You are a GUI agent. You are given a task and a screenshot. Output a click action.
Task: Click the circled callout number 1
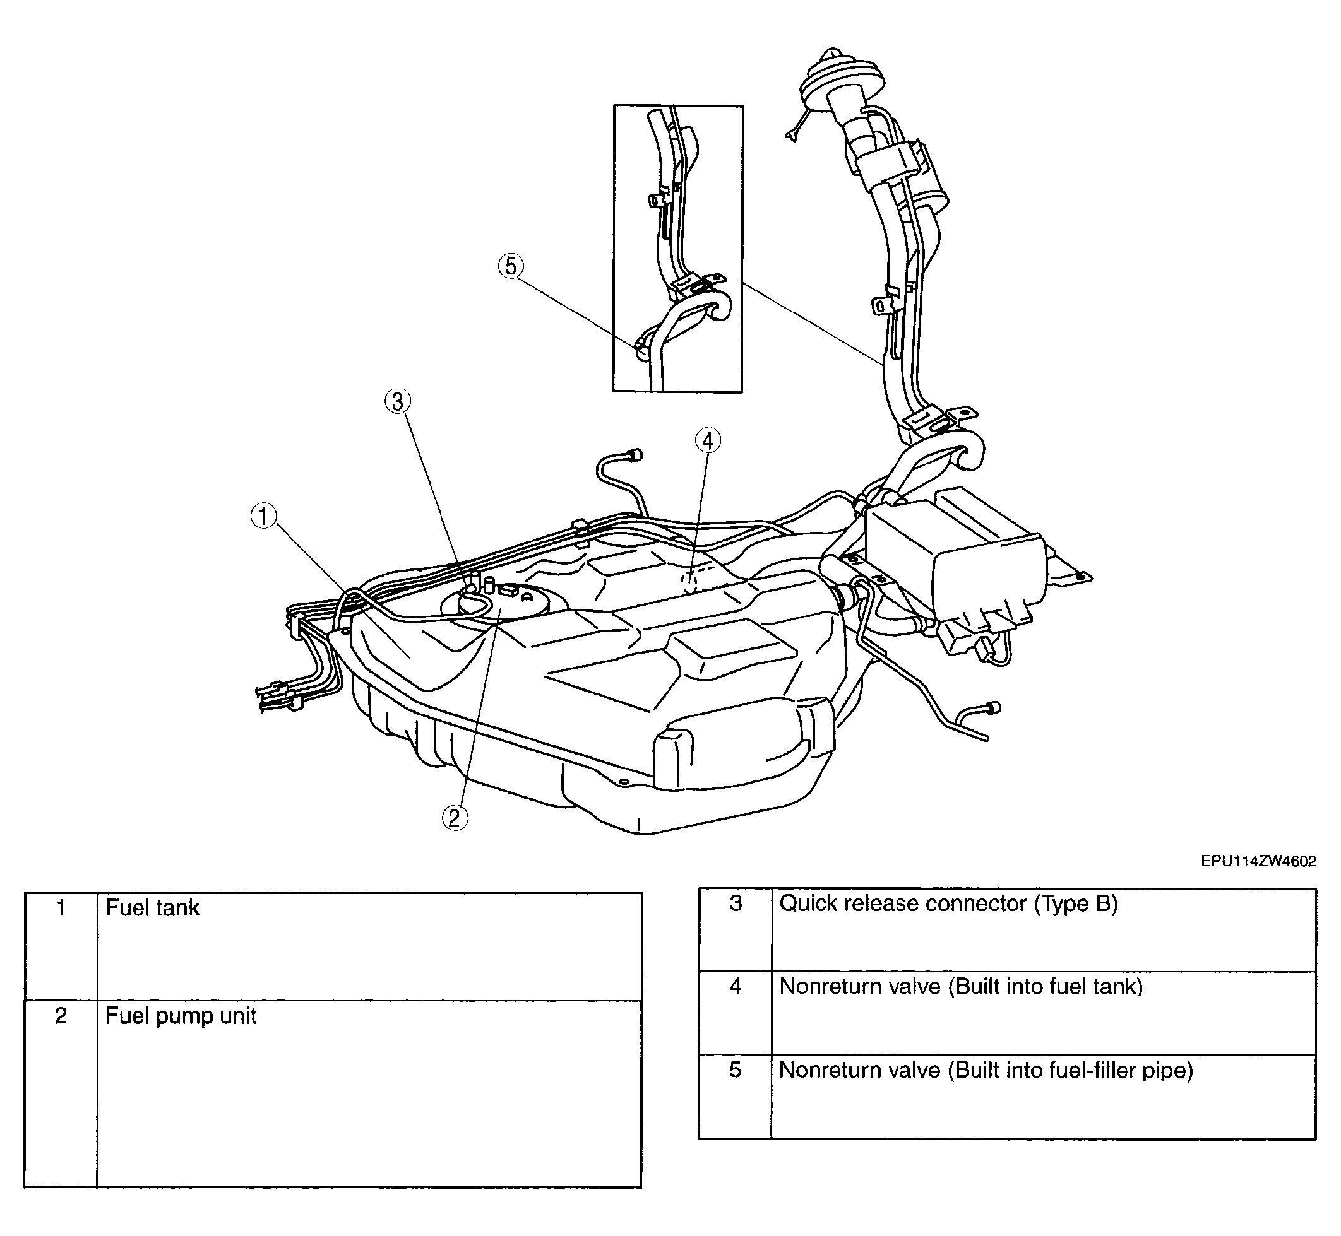coord(264,516)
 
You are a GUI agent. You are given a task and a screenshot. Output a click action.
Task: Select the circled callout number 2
coord(455,818)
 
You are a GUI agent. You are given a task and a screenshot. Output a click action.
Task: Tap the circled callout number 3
coord(398,402)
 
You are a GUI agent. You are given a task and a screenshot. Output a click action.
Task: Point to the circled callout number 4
coord(708,441)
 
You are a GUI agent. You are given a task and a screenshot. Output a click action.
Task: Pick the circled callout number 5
coord(511,267)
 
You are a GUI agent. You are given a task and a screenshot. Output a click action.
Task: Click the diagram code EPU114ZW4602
coord(1259,861)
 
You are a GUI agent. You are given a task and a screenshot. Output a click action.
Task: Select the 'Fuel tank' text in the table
coord(153,908)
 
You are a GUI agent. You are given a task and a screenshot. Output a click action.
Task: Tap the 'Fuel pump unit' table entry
coord(181,1016)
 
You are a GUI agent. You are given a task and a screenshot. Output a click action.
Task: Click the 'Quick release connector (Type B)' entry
coord(949,904)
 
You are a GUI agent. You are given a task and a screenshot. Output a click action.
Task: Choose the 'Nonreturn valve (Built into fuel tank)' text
coord(961,987)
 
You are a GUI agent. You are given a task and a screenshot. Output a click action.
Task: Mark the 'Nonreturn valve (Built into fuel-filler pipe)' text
coord(986,1071)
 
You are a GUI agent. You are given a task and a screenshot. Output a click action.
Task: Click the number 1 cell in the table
coord(61,947)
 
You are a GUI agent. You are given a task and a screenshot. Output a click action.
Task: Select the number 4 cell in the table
coord(736,1013)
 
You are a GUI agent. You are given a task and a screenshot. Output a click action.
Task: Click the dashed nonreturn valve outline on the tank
coord(691,581)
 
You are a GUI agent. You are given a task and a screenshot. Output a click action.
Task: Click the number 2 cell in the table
coord(61,1094)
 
